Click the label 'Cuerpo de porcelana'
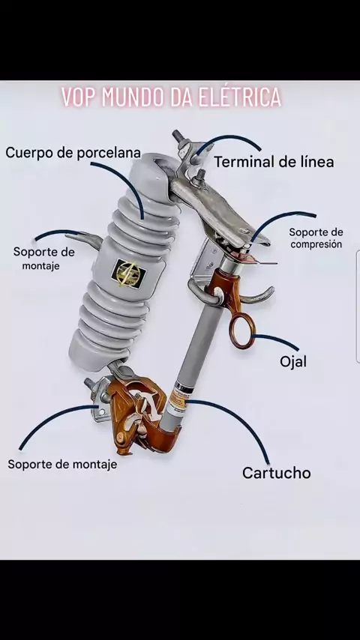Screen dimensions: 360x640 click(73, 153)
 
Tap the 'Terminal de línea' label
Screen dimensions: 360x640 click(274, 162)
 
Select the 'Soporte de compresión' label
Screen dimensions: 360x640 click(316, 238)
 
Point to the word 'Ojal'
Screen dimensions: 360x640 click(293, 362)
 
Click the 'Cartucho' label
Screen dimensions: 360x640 click(277, 473)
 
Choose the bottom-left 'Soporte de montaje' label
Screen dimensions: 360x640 click(62, 464)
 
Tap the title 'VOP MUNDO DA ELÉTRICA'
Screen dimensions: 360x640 click(172, 97)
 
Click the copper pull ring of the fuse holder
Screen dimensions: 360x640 click(242, 332)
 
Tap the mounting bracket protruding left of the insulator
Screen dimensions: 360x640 click(84, 238)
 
